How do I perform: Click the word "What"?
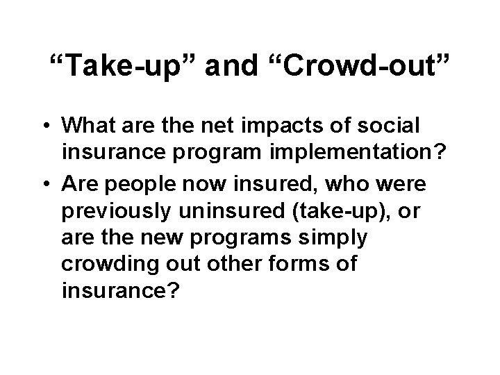click(90, 126)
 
